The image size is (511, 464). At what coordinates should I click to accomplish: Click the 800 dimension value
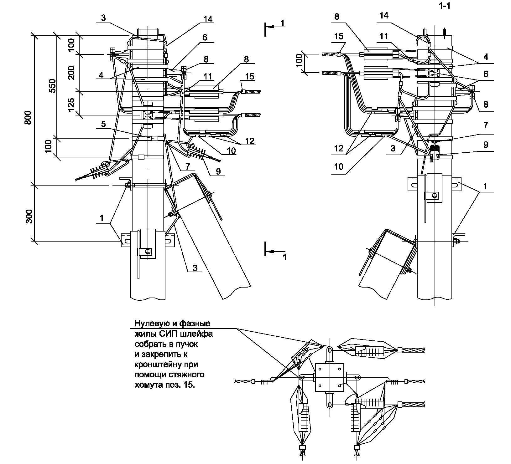click(29, 118)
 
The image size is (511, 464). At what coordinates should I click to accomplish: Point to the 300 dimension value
click(29, 216)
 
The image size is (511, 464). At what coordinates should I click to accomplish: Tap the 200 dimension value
click(71, 73)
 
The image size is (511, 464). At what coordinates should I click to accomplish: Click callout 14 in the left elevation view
click(207, 19)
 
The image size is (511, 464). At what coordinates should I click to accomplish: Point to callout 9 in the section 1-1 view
click(486, 145)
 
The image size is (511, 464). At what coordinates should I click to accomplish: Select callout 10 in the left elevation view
click(231, 150)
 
